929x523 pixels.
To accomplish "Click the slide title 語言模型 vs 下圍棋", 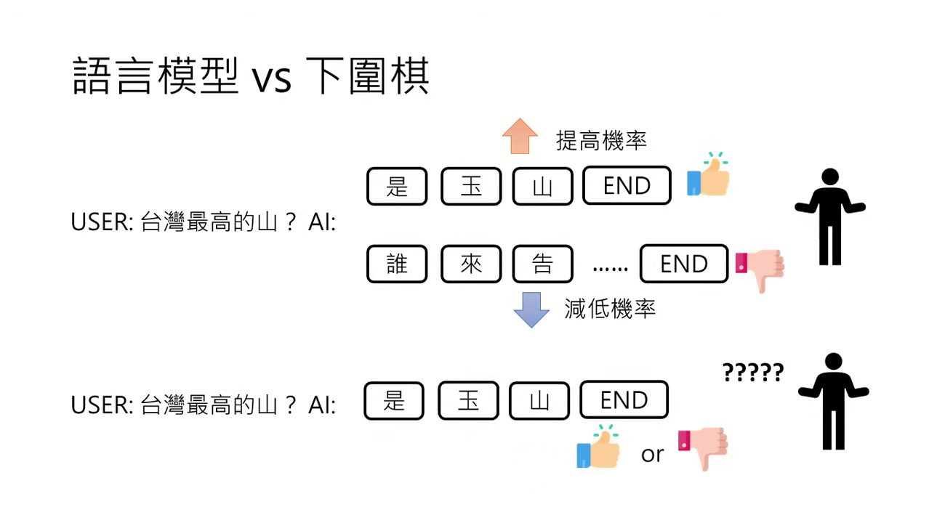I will pyautogui.click(x=251, y=77).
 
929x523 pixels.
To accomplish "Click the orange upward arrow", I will pyautogui.click(x=520, y=136).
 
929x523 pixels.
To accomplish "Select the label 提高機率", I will pyautogui.click(x=601, y=140).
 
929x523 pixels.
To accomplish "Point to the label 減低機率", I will pyautogui.click(x=610, y=309).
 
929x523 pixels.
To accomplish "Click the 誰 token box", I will pyautogui.click(x=397, y=264).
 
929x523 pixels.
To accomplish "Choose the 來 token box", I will pyautogui.click(x=471, y=264).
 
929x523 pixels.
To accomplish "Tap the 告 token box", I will pyautogui.click(x=542, y=264).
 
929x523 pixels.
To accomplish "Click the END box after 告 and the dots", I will pyautogui.click(x=683, y=264).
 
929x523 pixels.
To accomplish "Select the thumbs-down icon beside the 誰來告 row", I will pyautogui.click(x=760, y=269).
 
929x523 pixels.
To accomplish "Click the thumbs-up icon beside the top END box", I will pyautogui.click(x=708, y=175).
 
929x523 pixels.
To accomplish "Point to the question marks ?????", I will pyautogui.click(x=753, y=373).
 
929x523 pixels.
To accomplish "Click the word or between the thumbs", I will pyautogui.click(x=652, y=455).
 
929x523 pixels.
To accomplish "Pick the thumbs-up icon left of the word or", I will pyautogui.click(x=598, y=447).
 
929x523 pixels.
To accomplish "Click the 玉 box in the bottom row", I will pyautogui.click(x=468, y=400).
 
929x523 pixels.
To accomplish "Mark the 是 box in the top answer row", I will pyautogui.click(x=397, y=186).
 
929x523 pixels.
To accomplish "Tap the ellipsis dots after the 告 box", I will pyautogui.click(x=611, y=267).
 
